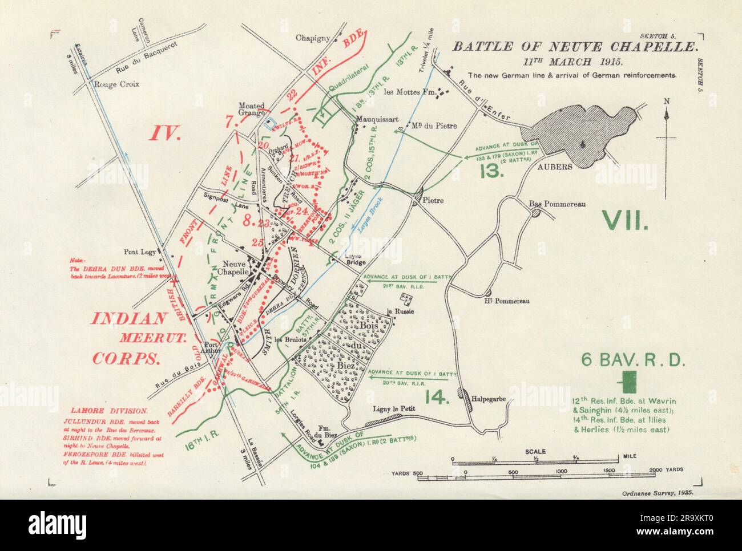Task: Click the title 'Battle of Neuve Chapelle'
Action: (574, 48)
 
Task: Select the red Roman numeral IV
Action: (164, 133)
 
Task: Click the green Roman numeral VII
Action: (624, 219)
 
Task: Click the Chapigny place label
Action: (313, 38)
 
